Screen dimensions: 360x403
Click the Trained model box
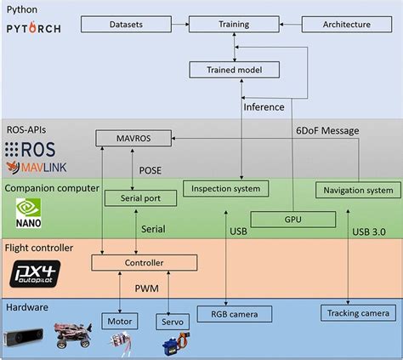pos(236,70)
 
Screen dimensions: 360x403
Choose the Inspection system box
pos(224,188)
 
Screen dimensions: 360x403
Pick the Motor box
pos(119,322)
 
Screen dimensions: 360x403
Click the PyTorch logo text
pos(34,30)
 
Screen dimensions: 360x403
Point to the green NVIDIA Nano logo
pos(26,214)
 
